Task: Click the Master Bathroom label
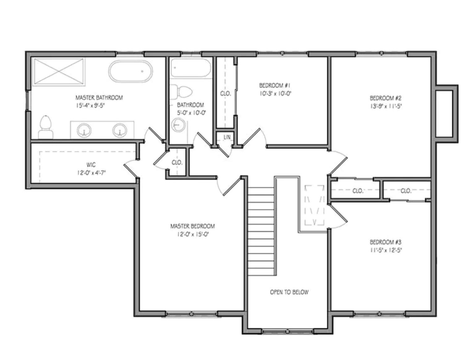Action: (x=99, y=98)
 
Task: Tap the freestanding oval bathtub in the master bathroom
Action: (x=130, y=71)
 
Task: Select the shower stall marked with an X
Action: (x=58, y=71)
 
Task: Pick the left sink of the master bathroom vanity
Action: (x=84, y=130)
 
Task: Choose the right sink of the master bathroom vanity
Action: (x=120, y=130)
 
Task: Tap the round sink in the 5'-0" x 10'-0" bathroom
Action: (x=178, y=125)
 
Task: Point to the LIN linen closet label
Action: (x=227, y=137)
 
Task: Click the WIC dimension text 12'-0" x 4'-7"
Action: (x=91, y=173)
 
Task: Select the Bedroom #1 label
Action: (x=275, y=85)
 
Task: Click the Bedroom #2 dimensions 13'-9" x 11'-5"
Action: (x=386, y=106)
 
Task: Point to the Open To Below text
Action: (x=289, y=292)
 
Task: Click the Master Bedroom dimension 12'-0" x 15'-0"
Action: (x=192, y=234)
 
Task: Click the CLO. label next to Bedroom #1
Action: (x=225, y=93)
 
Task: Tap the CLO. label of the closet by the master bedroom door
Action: (x=177, y=162)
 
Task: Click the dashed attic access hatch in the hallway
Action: (x=314, y=205)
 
